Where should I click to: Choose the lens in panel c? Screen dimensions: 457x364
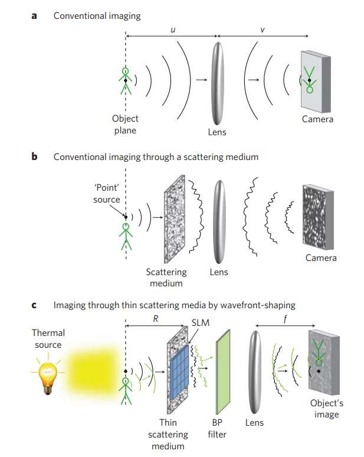(255, 371)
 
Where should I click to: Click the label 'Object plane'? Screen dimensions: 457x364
(125, 125)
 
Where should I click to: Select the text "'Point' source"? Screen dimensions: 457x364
(106, 194)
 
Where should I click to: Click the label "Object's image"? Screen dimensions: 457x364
(326, 409)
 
